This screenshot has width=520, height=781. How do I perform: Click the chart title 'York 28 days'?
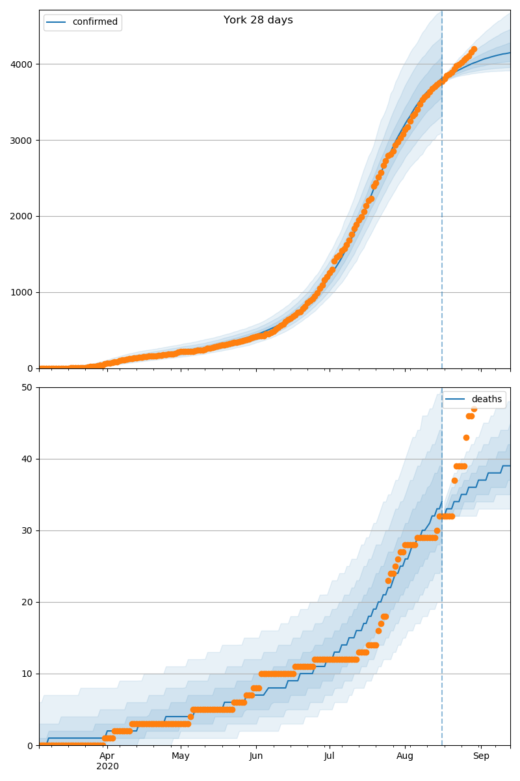(x=258, y=20)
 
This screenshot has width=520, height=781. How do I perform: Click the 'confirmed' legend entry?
(x=95, y=22)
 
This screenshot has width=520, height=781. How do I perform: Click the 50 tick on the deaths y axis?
(x=28, y=388)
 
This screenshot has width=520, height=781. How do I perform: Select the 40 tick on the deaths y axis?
(x=28, y=459)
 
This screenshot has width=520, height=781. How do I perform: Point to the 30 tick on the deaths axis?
(x=28, y=531)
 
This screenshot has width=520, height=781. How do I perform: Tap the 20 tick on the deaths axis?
(x=28, y=603)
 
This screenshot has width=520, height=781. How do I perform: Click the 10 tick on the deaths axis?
(x=28, y=674)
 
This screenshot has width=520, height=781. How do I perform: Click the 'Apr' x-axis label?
(x=107, y=756)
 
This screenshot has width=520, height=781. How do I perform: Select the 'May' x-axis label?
(x=181, y=756)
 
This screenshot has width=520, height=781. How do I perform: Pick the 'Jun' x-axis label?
(x=256, y=756)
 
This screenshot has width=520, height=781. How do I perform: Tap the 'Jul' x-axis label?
(x=330, y=756)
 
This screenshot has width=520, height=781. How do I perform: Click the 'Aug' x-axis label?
(x=405, y=756)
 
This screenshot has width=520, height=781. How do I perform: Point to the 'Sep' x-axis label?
(x=481, y=756)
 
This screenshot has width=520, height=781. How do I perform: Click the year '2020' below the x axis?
(x=107, y=767)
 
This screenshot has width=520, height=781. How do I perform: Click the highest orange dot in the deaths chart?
(x=474, y=409)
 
